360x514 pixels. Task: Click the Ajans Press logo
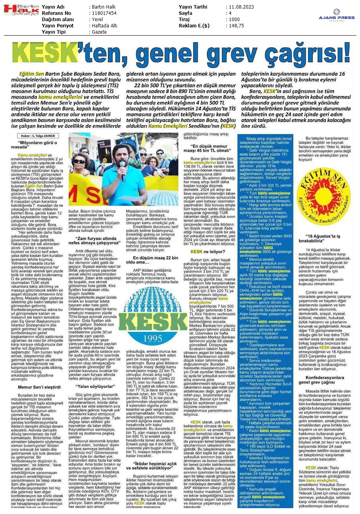tap(336, 16)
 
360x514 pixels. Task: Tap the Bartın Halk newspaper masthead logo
tap(20, 9)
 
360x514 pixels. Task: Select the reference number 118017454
tap(103, 13)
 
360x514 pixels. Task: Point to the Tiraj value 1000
tap(234, 19)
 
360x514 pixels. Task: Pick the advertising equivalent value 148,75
tap(236, 25)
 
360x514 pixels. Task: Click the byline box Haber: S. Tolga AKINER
tap(38, 136)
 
